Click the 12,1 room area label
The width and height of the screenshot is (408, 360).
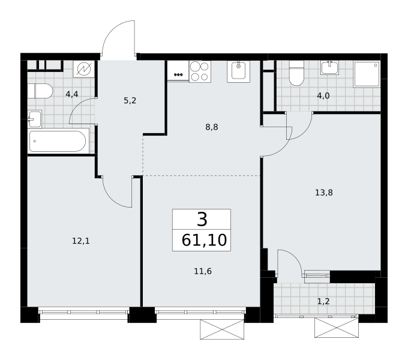tap(81, 241)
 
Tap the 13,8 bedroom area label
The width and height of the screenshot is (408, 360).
tap(324, 193)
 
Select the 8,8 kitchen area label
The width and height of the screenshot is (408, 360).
tap(212, 127)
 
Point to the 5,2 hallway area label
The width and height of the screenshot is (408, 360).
tap(130, 100)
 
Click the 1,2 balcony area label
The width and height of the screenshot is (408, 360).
tap(323, 301)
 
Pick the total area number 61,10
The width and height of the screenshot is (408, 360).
tap(204, 240)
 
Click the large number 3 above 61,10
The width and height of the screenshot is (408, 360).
tap(202, 219)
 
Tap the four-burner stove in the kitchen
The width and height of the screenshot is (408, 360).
tap(200, 71)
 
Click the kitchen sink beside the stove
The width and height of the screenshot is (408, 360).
tap(238, 71)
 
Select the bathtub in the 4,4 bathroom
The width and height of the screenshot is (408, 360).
tap(58, 141)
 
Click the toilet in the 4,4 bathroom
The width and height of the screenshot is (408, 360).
tap(40, 91)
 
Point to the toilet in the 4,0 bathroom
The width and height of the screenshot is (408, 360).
tap(296, 73)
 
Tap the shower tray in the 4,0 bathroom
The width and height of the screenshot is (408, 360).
tap(367, 74)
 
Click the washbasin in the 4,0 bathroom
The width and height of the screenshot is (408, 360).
tap(329, 68)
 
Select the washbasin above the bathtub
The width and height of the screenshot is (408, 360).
tap(34, 119)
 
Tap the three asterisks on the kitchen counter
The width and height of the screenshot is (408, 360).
tap(178, 75)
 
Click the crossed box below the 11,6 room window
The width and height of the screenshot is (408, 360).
tap(222, 329)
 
